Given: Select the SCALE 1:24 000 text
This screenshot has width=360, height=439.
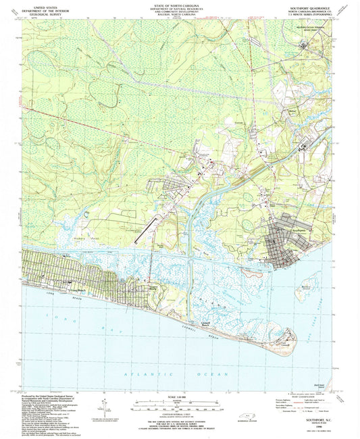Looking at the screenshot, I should point(178,397).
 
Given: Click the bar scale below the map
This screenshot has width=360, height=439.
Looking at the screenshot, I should point(178,404).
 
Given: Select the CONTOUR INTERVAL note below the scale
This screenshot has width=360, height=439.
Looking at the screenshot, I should point(178,413).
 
